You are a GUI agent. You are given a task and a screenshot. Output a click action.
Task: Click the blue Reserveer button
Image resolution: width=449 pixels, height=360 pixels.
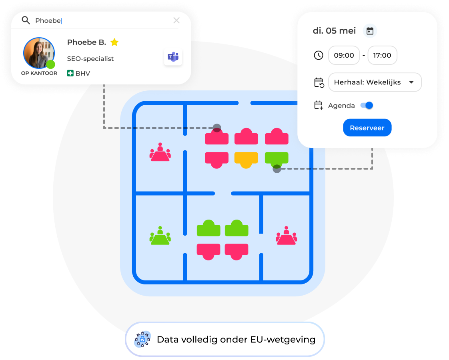tap(367, 128)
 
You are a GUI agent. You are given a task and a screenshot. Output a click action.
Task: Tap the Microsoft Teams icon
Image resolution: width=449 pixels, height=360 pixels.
tap(173, 57)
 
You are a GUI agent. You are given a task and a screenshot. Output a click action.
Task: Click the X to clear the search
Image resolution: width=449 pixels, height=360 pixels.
tap(176, 20)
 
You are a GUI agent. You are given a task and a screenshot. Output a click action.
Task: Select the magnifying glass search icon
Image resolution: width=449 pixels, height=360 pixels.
tap(26, 20)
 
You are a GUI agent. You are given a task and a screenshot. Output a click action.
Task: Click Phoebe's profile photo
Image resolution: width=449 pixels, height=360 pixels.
tap(39, 53)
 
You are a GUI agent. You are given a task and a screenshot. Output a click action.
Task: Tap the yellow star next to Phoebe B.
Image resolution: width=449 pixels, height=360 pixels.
tap(114, 42)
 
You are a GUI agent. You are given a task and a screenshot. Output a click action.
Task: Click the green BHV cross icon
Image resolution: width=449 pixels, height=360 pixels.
tap(70, 73)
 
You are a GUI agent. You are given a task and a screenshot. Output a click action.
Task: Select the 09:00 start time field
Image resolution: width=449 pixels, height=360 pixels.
tap(344, 55)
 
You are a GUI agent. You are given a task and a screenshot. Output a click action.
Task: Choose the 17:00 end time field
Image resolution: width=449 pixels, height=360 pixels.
tap(382, 55)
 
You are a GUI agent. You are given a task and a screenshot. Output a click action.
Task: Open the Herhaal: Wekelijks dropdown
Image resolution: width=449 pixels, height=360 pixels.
tap(375, 82)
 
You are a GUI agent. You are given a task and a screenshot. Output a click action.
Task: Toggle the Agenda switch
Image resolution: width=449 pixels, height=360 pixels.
tap(367, 105)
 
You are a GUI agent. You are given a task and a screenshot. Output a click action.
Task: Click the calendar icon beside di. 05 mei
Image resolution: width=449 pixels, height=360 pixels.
tap(370, 31)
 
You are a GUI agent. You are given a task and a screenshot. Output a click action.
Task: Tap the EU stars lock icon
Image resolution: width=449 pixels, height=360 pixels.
tap(142, 339)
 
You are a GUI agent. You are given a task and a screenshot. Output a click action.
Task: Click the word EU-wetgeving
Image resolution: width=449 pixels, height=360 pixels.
tap(283, 340)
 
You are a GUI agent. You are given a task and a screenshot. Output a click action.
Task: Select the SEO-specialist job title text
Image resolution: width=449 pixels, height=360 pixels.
tap(90, 59)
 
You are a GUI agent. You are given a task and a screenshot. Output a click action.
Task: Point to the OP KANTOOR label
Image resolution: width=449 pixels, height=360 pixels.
tap(39, 73)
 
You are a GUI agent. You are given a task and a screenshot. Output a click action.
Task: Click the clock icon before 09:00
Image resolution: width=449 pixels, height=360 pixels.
tap(319, 55)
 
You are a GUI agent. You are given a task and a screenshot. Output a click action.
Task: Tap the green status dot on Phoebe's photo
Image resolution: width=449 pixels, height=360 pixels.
tap(51, 64)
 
